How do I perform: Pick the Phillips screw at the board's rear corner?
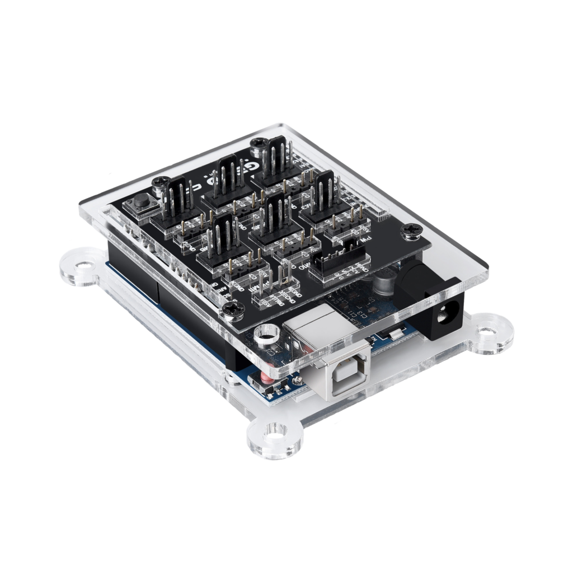coord(259,144)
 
